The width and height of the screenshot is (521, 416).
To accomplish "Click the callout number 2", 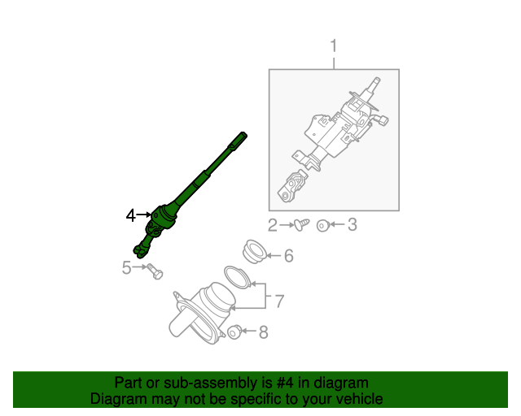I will [x=274, y=224].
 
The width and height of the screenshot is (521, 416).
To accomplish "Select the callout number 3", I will [x=352, y=224].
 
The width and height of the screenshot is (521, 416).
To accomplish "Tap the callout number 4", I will [x=131, y=215].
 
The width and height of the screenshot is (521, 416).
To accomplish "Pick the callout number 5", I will [x=127, y=266].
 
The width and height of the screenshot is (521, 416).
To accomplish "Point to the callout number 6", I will [x=288, y=257].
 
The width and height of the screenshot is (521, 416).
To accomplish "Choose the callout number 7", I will [x=278, y=301].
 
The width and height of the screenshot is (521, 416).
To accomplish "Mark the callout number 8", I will [x=262, y=331].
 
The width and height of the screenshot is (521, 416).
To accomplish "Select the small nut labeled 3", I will [x=323, y=224].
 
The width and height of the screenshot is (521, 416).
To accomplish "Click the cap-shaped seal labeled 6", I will [x=255, y=251].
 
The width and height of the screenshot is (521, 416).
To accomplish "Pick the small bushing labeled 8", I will [x=234, y=331].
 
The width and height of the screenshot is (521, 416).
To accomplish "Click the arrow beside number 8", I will [x=249, y=331].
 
